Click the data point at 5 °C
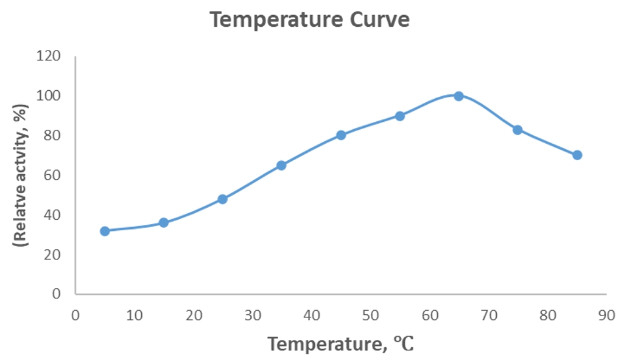click(105, 231)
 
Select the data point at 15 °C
click(164, 222)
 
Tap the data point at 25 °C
click(222, 199)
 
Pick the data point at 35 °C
click(281, 165)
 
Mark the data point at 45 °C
click(341, 135)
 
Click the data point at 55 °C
click(400, 116)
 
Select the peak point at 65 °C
click(458, 96)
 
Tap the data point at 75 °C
click(517, 130)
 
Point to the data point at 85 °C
click(577, 155)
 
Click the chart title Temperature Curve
click(310, 20)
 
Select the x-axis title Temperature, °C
click(341, 344)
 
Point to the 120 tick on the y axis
click(49, 56)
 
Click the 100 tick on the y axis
click(49, 96)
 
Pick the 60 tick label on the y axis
click(53, 175)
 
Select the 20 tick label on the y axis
click(53, 254)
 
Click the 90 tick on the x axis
click(606, 316)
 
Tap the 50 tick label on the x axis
click(370, 316)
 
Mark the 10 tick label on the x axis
click(134, 316)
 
